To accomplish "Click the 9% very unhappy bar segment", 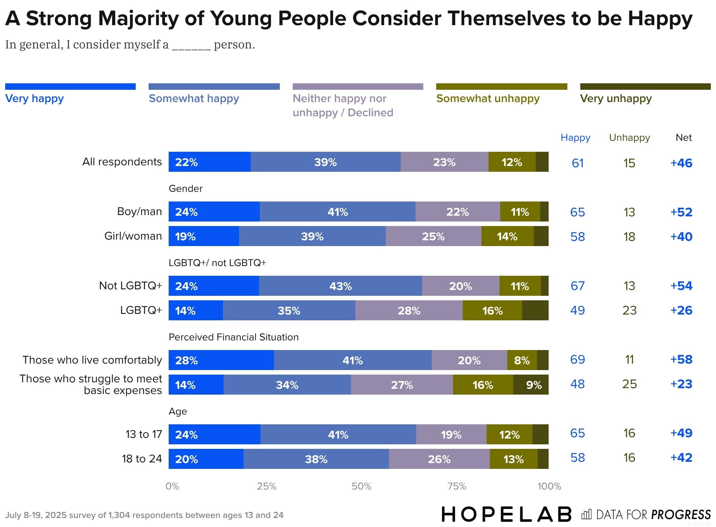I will (x=531, y=385).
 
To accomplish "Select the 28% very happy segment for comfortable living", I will (x=221, y=360).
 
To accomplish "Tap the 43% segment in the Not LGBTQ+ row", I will (x=340, y=286).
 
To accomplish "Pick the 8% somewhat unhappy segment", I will (x=522, y=360).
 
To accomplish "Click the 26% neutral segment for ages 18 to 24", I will (x=439, y=459).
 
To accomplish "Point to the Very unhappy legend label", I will (x=616, y=98).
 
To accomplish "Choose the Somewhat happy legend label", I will (x=194, y=98).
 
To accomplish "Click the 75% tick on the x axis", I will (x=457, y=486).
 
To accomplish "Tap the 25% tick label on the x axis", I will (x=267, y=486).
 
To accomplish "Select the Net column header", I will (x=683, y=138).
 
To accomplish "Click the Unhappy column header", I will (x=629, y=138).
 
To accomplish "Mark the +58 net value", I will (x=681, y=359).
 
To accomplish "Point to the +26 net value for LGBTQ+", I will (x=681, y=310).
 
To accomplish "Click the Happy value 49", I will (x=577, y=310).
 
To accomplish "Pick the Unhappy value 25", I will (x=629, y=384).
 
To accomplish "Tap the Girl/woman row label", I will (x=133, y=236).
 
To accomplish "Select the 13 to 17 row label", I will (x=143, y=434).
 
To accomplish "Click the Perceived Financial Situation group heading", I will (x=233, y=337).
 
